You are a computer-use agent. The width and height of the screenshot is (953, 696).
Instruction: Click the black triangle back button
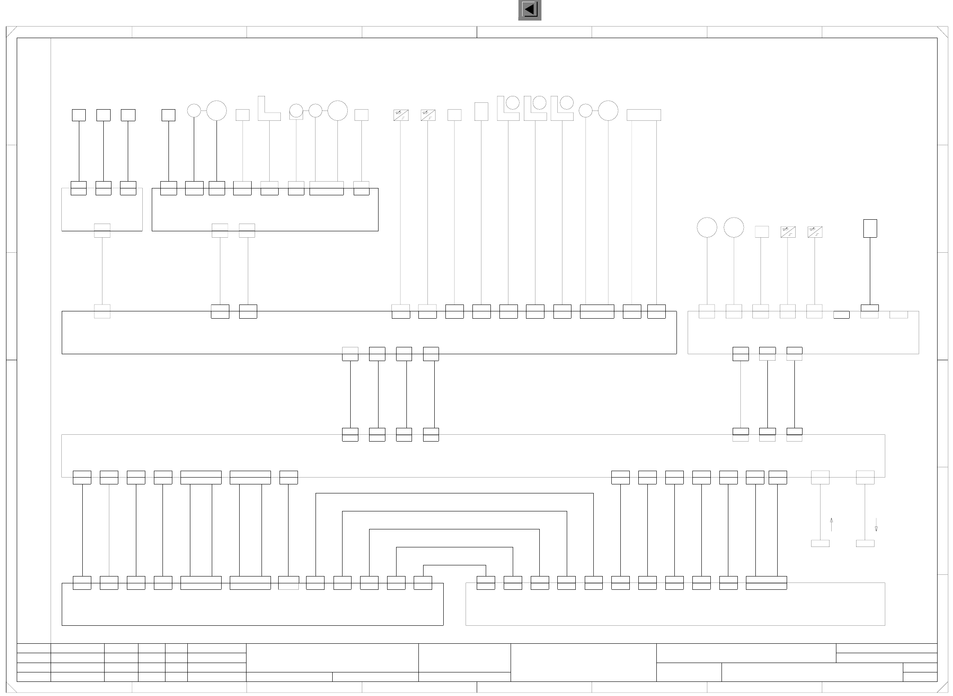pos(530,10)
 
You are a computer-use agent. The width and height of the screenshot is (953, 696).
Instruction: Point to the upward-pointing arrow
pos(831,524)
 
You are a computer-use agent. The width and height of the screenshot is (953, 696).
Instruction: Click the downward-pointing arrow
pos(876,525)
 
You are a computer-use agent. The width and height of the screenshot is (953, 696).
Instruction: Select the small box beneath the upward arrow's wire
pos(820,544)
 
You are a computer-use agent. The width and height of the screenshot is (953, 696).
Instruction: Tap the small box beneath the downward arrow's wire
pos(865,544)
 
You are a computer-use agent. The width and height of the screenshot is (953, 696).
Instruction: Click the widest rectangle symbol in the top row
pos(643,115)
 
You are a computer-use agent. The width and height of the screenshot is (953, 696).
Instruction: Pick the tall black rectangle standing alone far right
pos(870,228)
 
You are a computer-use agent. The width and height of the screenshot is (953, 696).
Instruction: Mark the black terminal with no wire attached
pos(841,315)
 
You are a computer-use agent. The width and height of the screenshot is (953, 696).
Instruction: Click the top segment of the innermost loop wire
pos(454,565)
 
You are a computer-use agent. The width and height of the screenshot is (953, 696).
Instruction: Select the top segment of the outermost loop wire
pos(454,493)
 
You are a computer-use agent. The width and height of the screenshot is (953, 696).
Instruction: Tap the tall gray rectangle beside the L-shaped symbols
pos(481,111)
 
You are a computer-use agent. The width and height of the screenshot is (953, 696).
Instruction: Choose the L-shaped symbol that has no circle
pos(269,109)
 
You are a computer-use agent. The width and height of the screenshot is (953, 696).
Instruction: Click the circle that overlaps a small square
pos(296,111)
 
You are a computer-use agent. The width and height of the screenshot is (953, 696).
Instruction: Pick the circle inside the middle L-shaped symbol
pos(539,103)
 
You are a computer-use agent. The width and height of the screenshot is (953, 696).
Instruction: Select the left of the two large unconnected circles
pos(707,227)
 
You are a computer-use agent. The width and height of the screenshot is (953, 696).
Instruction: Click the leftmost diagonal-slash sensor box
pos(401,115)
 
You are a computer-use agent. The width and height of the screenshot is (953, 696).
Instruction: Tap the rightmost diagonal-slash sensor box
pos(815,232)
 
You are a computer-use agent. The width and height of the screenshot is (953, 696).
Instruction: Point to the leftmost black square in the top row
pos(79,115)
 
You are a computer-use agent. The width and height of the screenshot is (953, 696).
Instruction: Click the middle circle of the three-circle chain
pos(315,111)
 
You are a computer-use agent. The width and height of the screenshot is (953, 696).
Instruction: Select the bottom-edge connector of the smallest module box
pos(102,230)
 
